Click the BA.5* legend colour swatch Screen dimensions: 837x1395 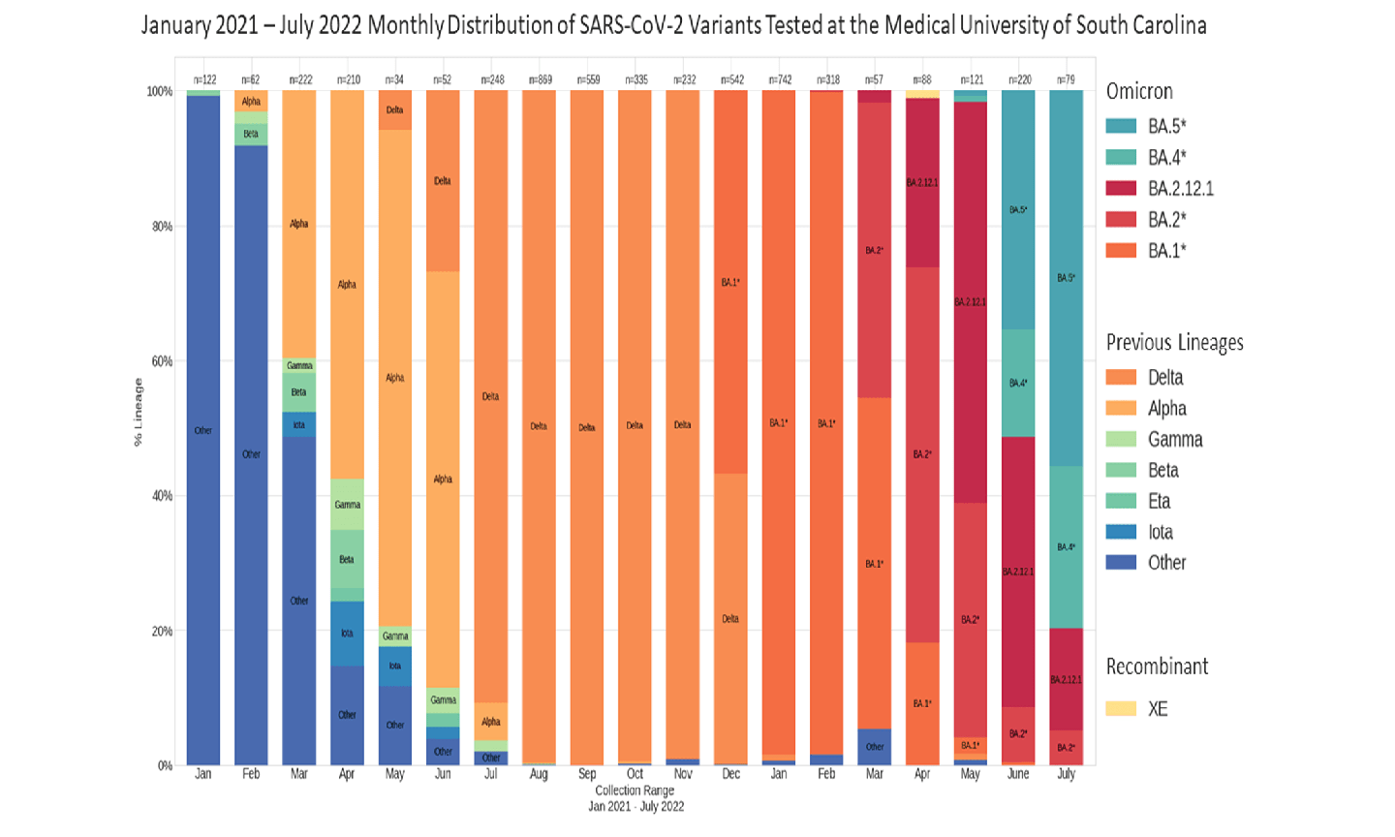1121,126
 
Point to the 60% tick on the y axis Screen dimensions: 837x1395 160,361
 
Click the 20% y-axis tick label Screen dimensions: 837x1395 160,631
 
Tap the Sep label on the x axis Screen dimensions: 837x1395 587,774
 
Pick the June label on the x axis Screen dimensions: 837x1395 1018,774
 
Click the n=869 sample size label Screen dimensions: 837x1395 539,79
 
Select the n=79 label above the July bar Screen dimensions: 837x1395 1066,79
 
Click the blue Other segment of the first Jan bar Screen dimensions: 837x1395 203,430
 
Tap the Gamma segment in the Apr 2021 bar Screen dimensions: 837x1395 347,504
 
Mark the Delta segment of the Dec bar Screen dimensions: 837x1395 730,618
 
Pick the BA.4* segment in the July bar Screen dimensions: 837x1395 1066,547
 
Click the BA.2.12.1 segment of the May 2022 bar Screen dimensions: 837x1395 971,302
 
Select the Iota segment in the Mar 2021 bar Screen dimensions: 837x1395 298,424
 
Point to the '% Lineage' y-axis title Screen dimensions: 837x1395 139,412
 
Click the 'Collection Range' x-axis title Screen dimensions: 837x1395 635,790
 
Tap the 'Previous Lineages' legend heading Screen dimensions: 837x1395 1174,342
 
